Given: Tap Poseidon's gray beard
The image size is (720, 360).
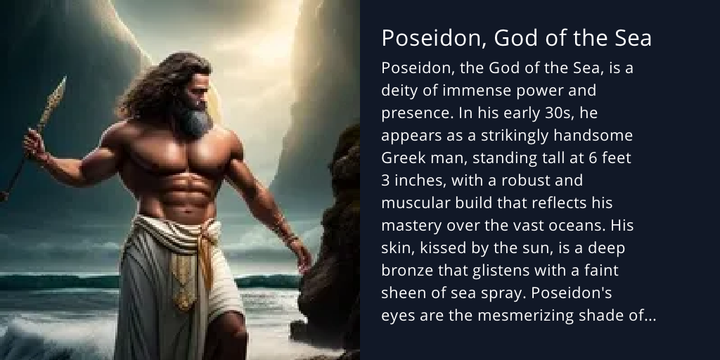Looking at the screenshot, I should click(x=194, y=120).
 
